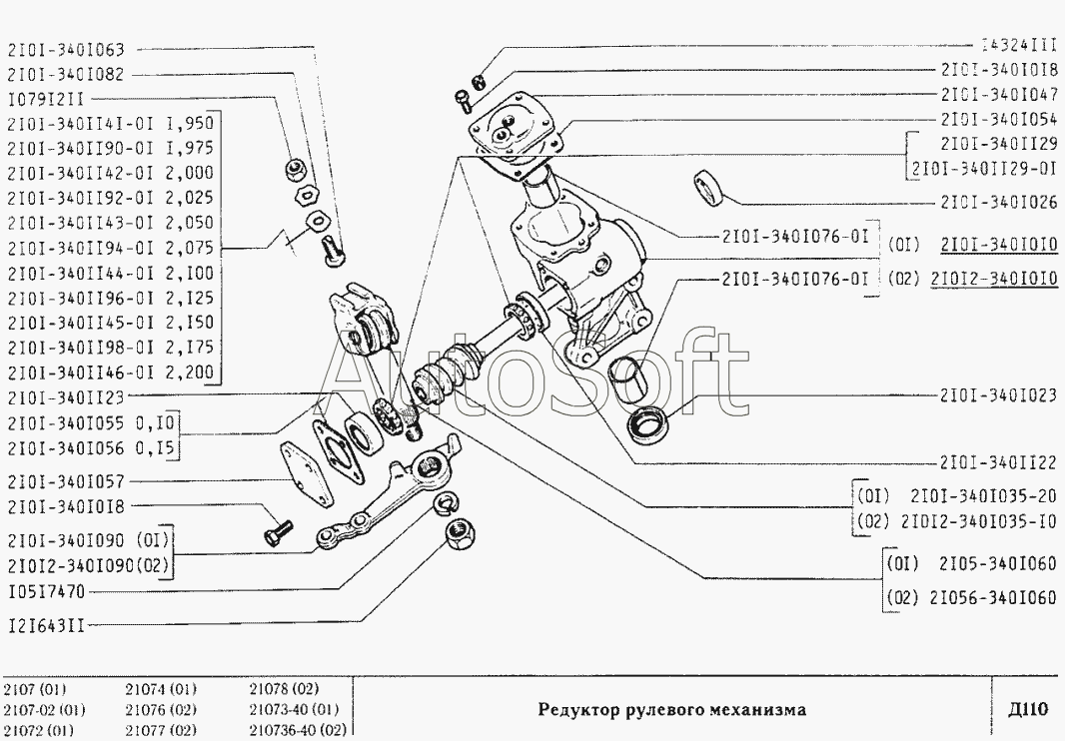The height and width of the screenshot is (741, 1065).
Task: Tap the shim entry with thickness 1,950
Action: tap(110, 123)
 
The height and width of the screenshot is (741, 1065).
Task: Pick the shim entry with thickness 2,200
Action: tap(110, 372)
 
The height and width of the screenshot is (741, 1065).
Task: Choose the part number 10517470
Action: tap(46, 591)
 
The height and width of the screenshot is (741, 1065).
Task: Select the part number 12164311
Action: tap(46, 625)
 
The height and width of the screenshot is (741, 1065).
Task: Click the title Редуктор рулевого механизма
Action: tap(671, 710)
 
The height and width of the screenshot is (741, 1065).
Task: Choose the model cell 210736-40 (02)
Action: tap(297, 730)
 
